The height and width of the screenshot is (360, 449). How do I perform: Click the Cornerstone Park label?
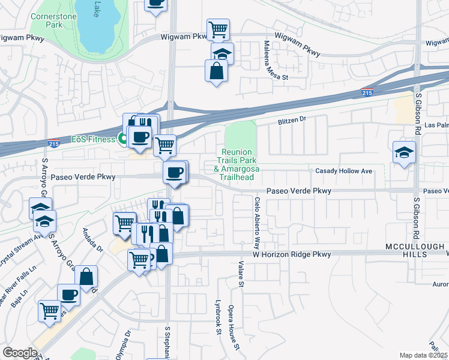pos(53,21)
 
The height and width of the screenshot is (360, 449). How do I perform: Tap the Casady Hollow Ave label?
pos(344,171)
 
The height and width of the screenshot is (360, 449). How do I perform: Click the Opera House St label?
pos(234,327)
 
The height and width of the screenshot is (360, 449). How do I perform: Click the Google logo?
pos(20,353)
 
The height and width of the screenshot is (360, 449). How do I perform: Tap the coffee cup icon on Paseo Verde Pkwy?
pos(175,173)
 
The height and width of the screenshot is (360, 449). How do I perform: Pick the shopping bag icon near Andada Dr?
pos(87,277)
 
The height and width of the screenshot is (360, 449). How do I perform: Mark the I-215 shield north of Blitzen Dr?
pos(367,92)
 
